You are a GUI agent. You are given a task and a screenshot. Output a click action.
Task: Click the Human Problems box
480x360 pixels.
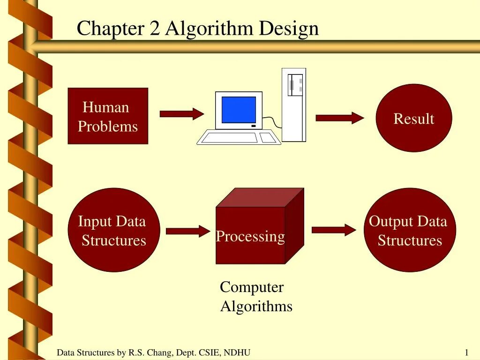(108, 116)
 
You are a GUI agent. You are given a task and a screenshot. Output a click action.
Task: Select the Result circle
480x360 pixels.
(414, 118)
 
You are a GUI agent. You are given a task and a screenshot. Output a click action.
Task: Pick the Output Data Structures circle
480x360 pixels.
(409, 230)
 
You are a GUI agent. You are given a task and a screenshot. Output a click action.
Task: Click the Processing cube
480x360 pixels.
(251, 234)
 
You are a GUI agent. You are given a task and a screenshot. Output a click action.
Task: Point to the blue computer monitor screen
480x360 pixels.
(239, 110)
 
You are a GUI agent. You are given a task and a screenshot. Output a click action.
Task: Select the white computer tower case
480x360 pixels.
(294, 105)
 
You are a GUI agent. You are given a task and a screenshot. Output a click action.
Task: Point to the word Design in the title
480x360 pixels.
(289, 29)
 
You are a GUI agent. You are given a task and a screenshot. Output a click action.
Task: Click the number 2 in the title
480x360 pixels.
(155, 29)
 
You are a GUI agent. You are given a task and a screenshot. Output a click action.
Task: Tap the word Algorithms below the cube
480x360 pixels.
(256, 307)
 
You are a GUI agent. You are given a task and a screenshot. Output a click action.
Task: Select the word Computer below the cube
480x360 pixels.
(252, 287)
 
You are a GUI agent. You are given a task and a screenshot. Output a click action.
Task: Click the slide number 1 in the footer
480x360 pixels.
(467, 352)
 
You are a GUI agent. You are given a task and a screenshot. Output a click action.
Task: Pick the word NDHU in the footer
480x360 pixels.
(237, 352)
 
